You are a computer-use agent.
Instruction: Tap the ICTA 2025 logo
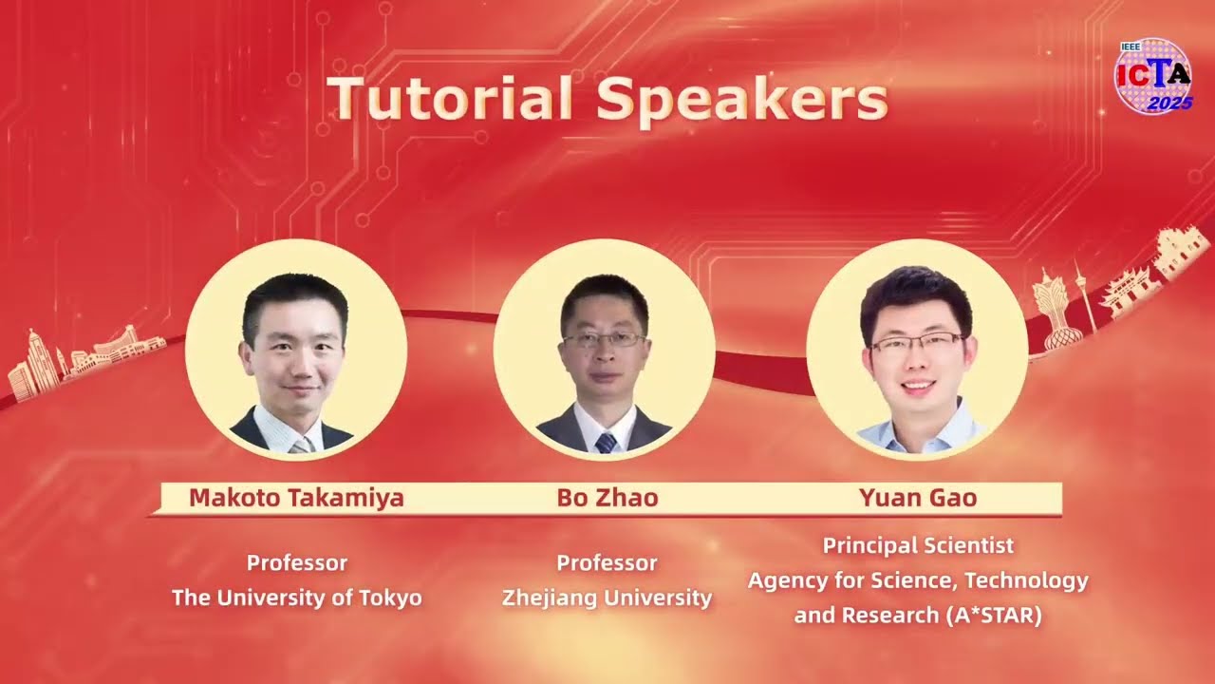1152,77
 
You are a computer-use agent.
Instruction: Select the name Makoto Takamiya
296,498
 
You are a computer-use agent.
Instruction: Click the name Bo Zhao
607,498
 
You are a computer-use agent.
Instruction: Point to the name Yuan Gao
917,498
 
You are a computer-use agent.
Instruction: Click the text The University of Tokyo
296,598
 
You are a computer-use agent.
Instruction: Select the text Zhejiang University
607,598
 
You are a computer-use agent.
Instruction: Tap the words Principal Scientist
918,545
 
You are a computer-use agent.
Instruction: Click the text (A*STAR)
993,615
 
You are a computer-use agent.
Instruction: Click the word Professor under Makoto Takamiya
296,562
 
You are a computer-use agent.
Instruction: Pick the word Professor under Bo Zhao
607,562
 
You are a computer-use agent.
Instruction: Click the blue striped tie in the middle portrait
606,442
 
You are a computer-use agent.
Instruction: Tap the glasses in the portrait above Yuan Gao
916,342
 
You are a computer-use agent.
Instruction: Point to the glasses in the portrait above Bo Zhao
605,339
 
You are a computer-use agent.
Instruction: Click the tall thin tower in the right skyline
1083,294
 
